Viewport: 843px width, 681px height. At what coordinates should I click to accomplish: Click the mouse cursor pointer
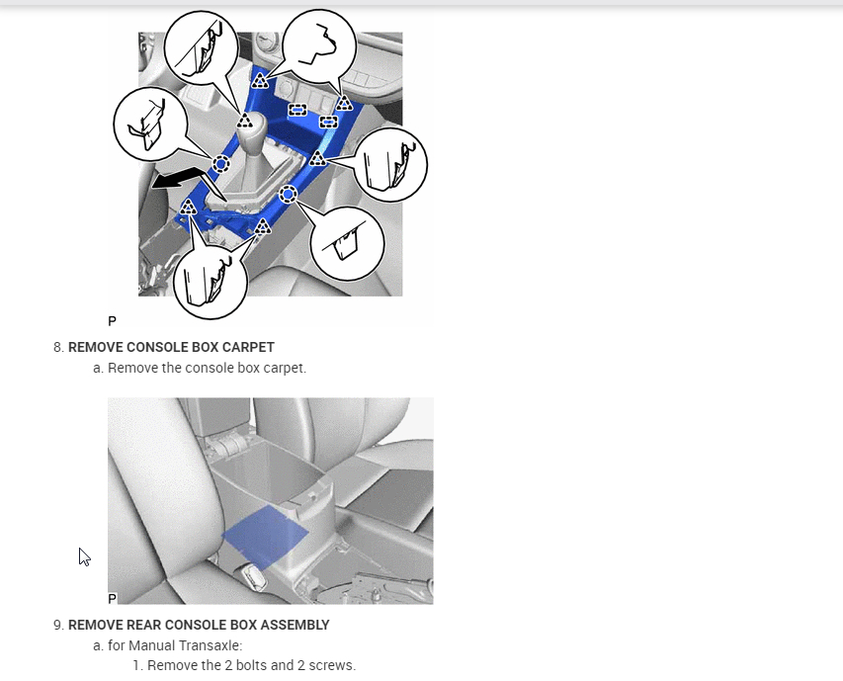(84, 556)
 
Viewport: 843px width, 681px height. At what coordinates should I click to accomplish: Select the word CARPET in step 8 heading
(248, 347)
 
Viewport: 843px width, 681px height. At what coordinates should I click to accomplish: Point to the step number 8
(58, 347)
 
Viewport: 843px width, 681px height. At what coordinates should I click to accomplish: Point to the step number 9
(58, 625)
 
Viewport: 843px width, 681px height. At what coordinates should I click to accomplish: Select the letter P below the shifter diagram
(112, 321)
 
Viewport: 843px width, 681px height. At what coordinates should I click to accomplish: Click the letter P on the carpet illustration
(112, 598)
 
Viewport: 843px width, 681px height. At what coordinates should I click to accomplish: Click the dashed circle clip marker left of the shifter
(221, 163)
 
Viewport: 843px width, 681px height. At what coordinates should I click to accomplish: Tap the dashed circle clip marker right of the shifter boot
(289, 194)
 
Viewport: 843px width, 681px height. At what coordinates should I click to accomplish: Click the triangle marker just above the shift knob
(245, 120)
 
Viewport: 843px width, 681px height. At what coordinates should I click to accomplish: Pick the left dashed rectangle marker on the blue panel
(297, 110)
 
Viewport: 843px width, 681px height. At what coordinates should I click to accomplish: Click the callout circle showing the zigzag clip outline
(319, 46)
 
